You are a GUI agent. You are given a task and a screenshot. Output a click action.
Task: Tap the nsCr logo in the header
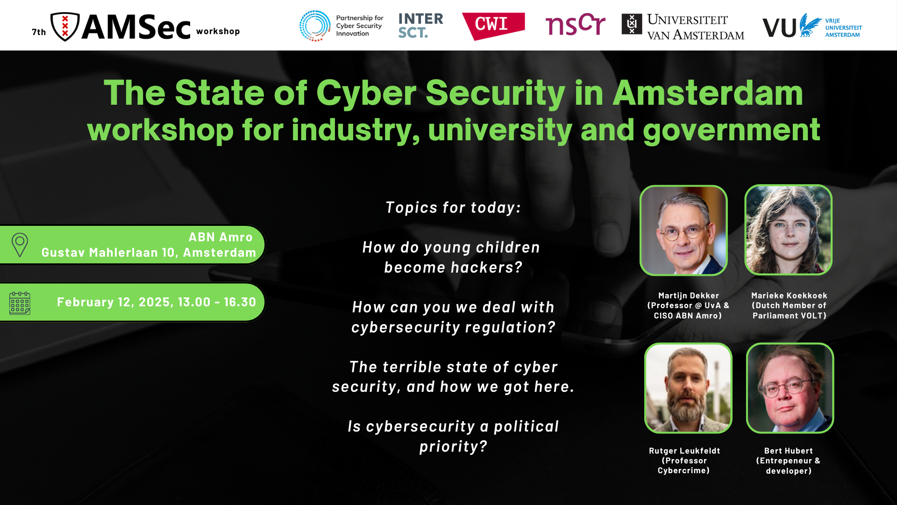(x=575, y=25)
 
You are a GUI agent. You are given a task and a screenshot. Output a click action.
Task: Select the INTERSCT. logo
(x=420, y=26)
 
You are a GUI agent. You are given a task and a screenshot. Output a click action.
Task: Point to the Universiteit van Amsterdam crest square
(x=632, y=24)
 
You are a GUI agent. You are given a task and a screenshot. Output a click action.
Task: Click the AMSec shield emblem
(x=65, y=26)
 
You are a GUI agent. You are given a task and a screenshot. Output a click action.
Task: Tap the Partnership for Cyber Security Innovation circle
(x=315, y=26)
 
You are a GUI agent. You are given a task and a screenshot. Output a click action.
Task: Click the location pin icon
(x=20, y=245)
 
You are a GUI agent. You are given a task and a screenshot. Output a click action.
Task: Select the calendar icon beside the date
(x=20, y=303)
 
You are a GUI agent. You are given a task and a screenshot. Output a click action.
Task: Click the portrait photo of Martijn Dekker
(x=683, y=230)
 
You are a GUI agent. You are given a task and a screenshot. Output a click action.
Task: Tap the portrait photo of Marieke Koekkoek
(x=789, y=230)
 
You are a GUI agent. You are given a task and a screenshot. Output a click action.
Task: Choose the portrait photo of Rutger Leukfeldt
(x=688, y=388)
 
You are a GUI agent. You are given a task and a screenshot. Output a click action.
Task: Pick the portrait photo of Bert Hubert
(x=790, y=388)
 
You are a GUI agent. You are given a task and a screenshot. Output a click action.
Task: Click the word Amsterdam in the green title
(x=707, y=93)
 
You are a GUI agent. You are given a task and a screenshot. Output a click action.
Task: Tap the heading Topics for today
(x=453, y=208)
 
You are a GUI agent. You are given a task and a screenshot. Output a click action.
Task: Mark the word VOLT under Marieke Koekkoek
(x=813, y=316)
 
